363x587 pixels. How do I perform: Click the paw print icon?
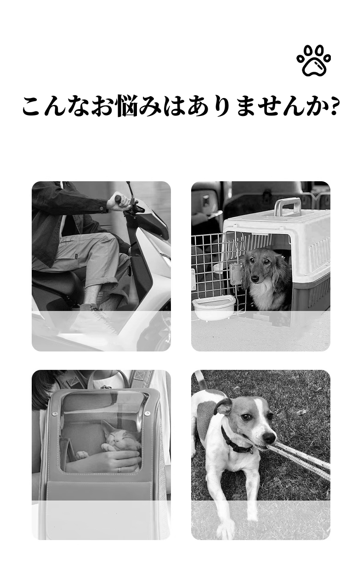314,61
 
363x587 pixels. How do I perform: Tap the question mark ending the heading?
335,106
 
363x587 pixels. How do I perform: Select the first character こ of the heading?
34,107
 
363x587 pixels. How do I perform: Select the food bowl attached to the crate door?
214,307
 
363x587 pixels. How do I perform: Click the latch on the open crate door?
236,274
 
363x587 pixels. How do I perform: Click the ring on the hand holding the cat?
119,470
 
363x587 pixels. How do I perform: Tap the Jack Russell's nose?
270,436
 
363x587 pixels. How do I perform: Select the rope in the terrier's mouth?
303,460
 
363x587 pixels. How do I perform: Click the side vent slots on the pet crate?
319,253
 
